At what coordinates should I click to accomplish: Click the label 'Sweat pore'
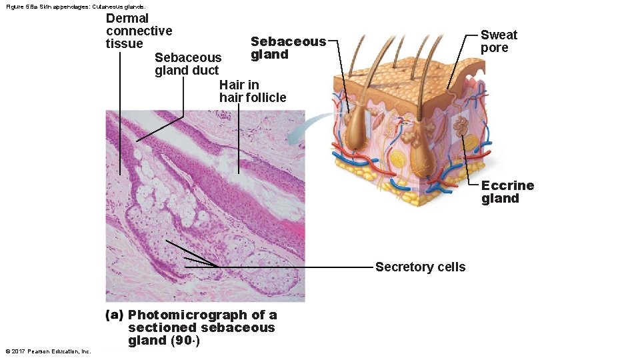pyautogui.click(x=499, y=41)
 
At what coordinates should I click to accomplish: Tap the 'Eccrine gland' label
pyautogui.click(x=507, y=192)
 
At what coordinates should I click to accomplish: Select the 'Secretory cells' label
pyautogui.click(x=420, y=267)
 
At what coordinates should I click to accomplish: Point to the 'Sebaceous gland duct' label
pyautogui.click(x=187, y=64)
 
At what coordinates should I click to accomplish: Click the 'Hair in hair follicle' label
pyautogui.click(x=253, y=91)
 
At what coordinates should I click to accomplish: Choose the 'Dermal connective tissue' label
pyautogui.click(x=139, y=31)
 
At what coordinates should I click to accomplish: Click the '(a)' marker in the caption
pyautogui.click(x=115, y=315)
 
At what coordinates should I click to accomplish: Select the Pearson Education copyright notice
pyautogui.click(x=47, y=351)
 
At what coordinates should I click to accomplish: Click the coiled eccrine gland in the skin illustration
pyautogui.click(x=461, y=125)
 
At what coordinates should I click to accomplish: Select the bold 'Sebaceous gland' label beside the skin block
pyautogui.click(x=288, y=48)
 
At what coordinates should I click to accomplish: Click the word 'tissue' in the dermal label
pyautogui.click(x=124, y=44)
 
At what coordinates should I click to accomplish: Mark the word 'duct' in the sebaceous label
pyautogui.click(x=205, y=71)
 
